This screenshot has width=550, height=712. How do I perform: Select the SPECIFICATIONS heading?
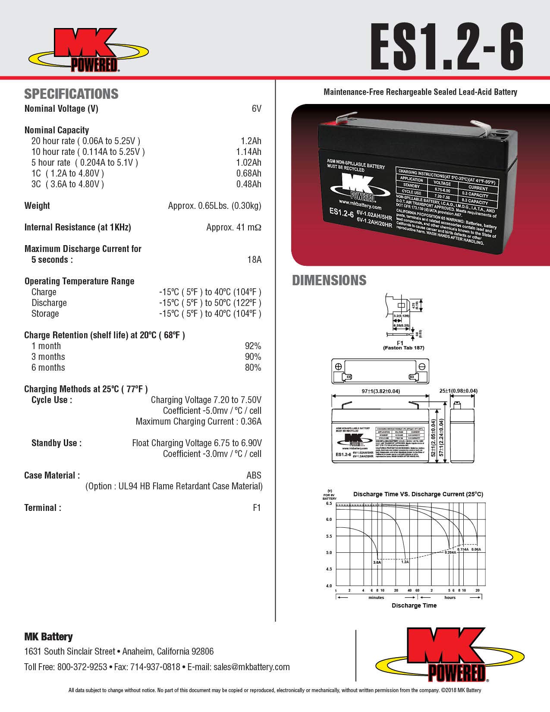[x=71, y=94]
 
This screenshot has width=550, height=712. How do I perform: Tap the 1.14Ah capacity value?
[x=248, y=152]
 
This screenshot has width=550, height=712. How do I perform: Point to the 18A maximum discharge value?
[x=254, y=260]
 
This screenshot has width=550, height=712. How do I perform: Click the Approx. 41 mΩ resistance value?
[x=233, y=227]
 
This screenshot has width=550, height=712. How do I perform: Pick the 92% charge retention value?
[x=253, y=346]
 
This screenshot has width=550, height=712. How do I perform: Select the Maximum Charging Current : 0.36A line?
[x=198, y=422]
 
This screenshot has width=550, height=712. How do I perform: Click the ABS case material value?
[x=254, y=476]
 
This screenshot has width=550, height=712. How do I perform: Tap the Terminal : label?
[x=43, y=508]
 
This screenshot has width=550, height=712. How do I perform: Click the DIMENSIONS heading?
[x=329, y=280]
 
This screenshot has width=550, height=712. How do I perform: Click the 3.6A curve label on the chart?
[x=377, y=562]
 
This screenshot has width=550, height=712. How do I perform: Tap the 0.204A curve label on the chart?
[x=450, y=552]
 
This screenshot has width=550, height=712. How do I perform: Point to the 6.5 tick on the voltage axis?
[x=329, y=504]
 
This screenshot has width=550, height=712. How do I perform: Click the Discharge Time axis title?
[x=414, y=605]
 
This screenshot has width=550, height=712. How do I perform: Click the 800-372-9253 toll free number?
[x=82, y=667]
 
